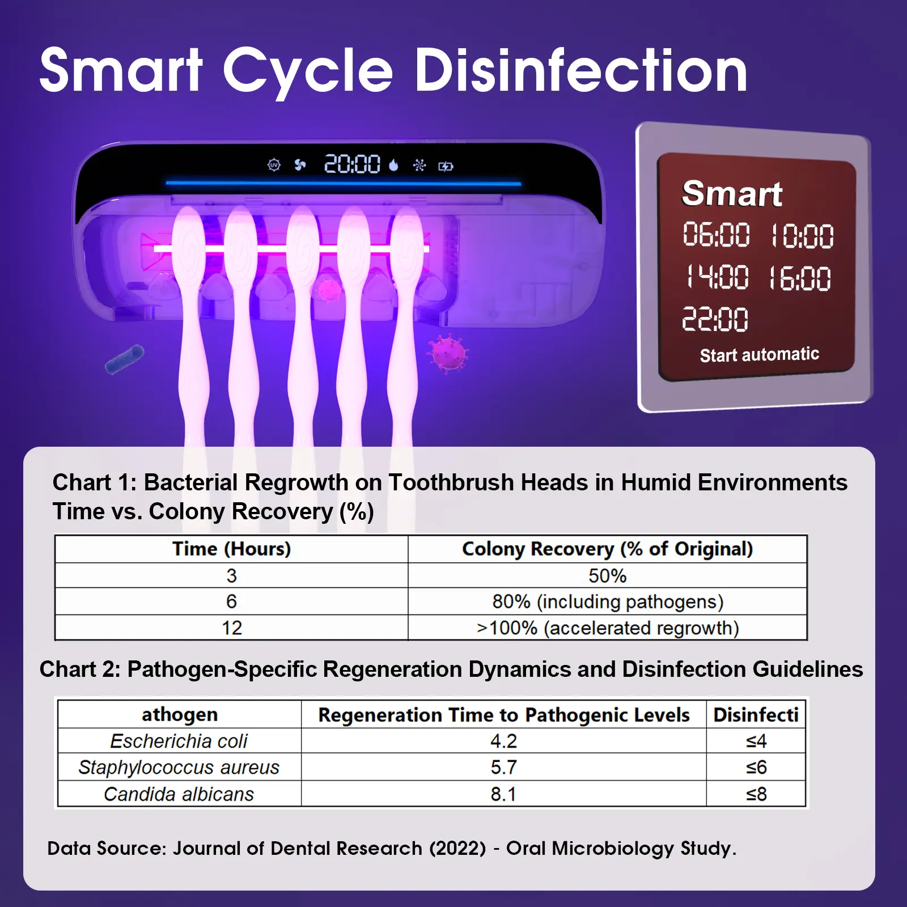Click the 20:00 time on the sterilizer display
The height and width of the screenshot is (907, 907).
click(x=352, y=164)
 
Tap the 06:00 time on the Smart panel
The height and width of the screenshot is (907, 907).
click(x=716, y=234)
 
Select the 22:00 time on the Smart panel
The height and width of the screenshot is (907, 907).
click(x=715, y=319)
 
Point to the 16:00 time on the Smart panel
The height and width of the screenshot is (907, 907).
click(x=800, y=278)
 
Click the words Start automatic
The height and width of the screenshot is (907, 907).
click(x=760, y=355)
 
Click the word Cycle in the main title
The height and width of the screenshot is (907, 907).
click(x=308, y=72)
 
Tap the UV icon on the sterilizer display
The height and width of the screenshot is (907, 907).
click(x=274, y=165)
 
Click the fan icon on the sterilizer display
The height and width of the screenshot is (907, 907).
click(x=300, y=165)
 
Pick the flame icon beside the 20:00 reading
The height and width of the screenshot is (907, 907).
click(x=393, y=165)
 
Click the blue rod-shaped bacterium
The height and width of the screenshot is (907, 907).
click(x=125, y=359)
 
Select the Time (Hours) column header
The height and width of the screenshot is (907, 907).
click(x=231, y=549)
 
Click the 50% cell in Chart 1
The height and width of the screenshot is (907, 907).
click(x=607, y=576)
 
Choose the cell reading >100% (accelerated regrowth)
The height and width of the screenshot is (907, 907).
click(x=608, y=628)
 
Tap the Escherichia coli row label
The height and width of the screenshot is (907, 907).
click(x=179, y=741)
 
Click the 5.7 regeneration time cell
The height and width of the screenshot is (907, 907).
click(x=503, y=768)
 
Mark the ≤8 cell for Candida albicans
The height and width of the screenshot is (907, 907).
click(x=756, y=794)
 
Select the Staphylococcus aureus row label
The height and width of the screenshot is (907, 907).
click(x=179, y=768)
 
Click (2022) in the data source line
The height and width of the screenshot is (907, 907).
click(x=457, y=849)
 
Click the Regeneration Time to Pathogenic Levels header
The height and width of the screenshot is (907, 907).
click(x=504, y=715)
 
